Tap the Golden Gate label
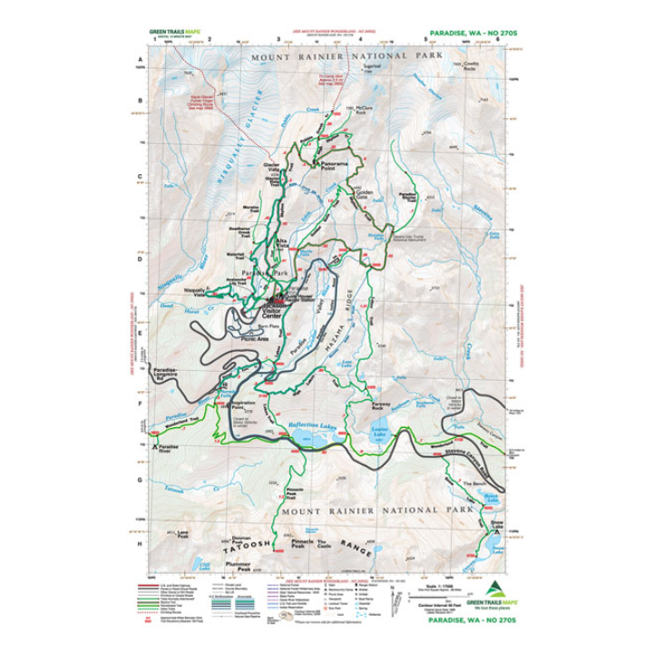(x=365, y=193)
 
